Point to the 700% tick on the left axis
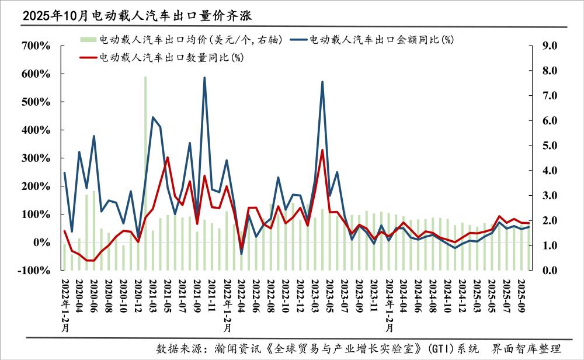pos(36,46)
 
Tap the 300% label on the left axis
pos(36,158)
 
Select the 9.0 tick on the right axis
pos(551,46)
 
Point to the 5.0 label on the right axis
pos(551,146)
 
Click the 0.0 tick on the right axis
pos(551,271)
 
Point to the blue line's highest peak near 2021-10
pos(204,78)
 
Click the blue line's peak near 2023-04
pos(322,82)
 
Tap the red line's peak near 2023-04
pos(322,150)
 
